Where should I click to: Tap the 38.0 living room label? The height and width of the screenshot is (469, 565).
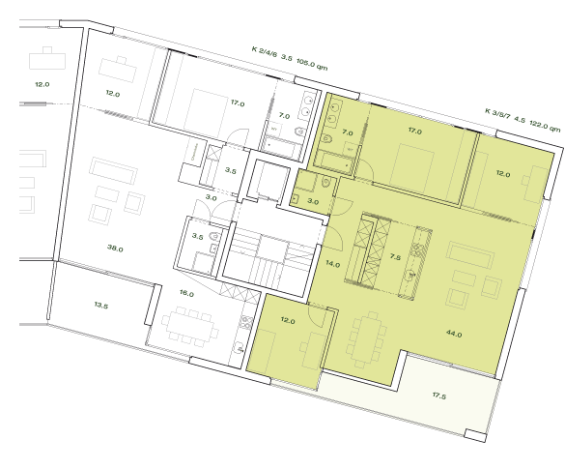[115, 249]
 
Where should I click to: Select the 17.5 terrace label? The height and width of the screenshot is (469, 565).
[439, 395]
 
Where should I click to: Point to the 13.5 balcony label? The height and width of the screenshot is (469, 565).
[100, 306]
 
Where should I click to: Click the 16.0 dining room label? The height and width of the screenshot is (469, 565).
[186, 294]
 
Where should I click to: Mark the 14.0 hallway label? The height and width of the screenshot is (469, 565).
[332, 264]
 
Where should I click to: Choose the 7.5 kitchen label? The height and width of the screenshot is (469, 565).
[395, 258]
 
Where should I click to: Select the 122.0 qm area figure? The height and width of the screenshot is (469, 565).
[541, 125]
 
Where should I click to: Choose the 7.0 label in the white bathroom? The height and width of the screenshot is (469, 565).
[284, 116]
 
